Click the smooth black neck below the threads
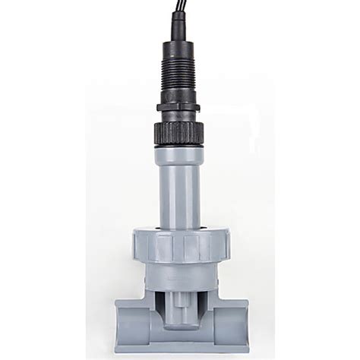click(x=179, y=96)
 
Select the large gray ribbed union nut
click(x=179, y=245)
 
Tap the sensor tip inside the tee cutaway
click(x=180, y=311)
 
